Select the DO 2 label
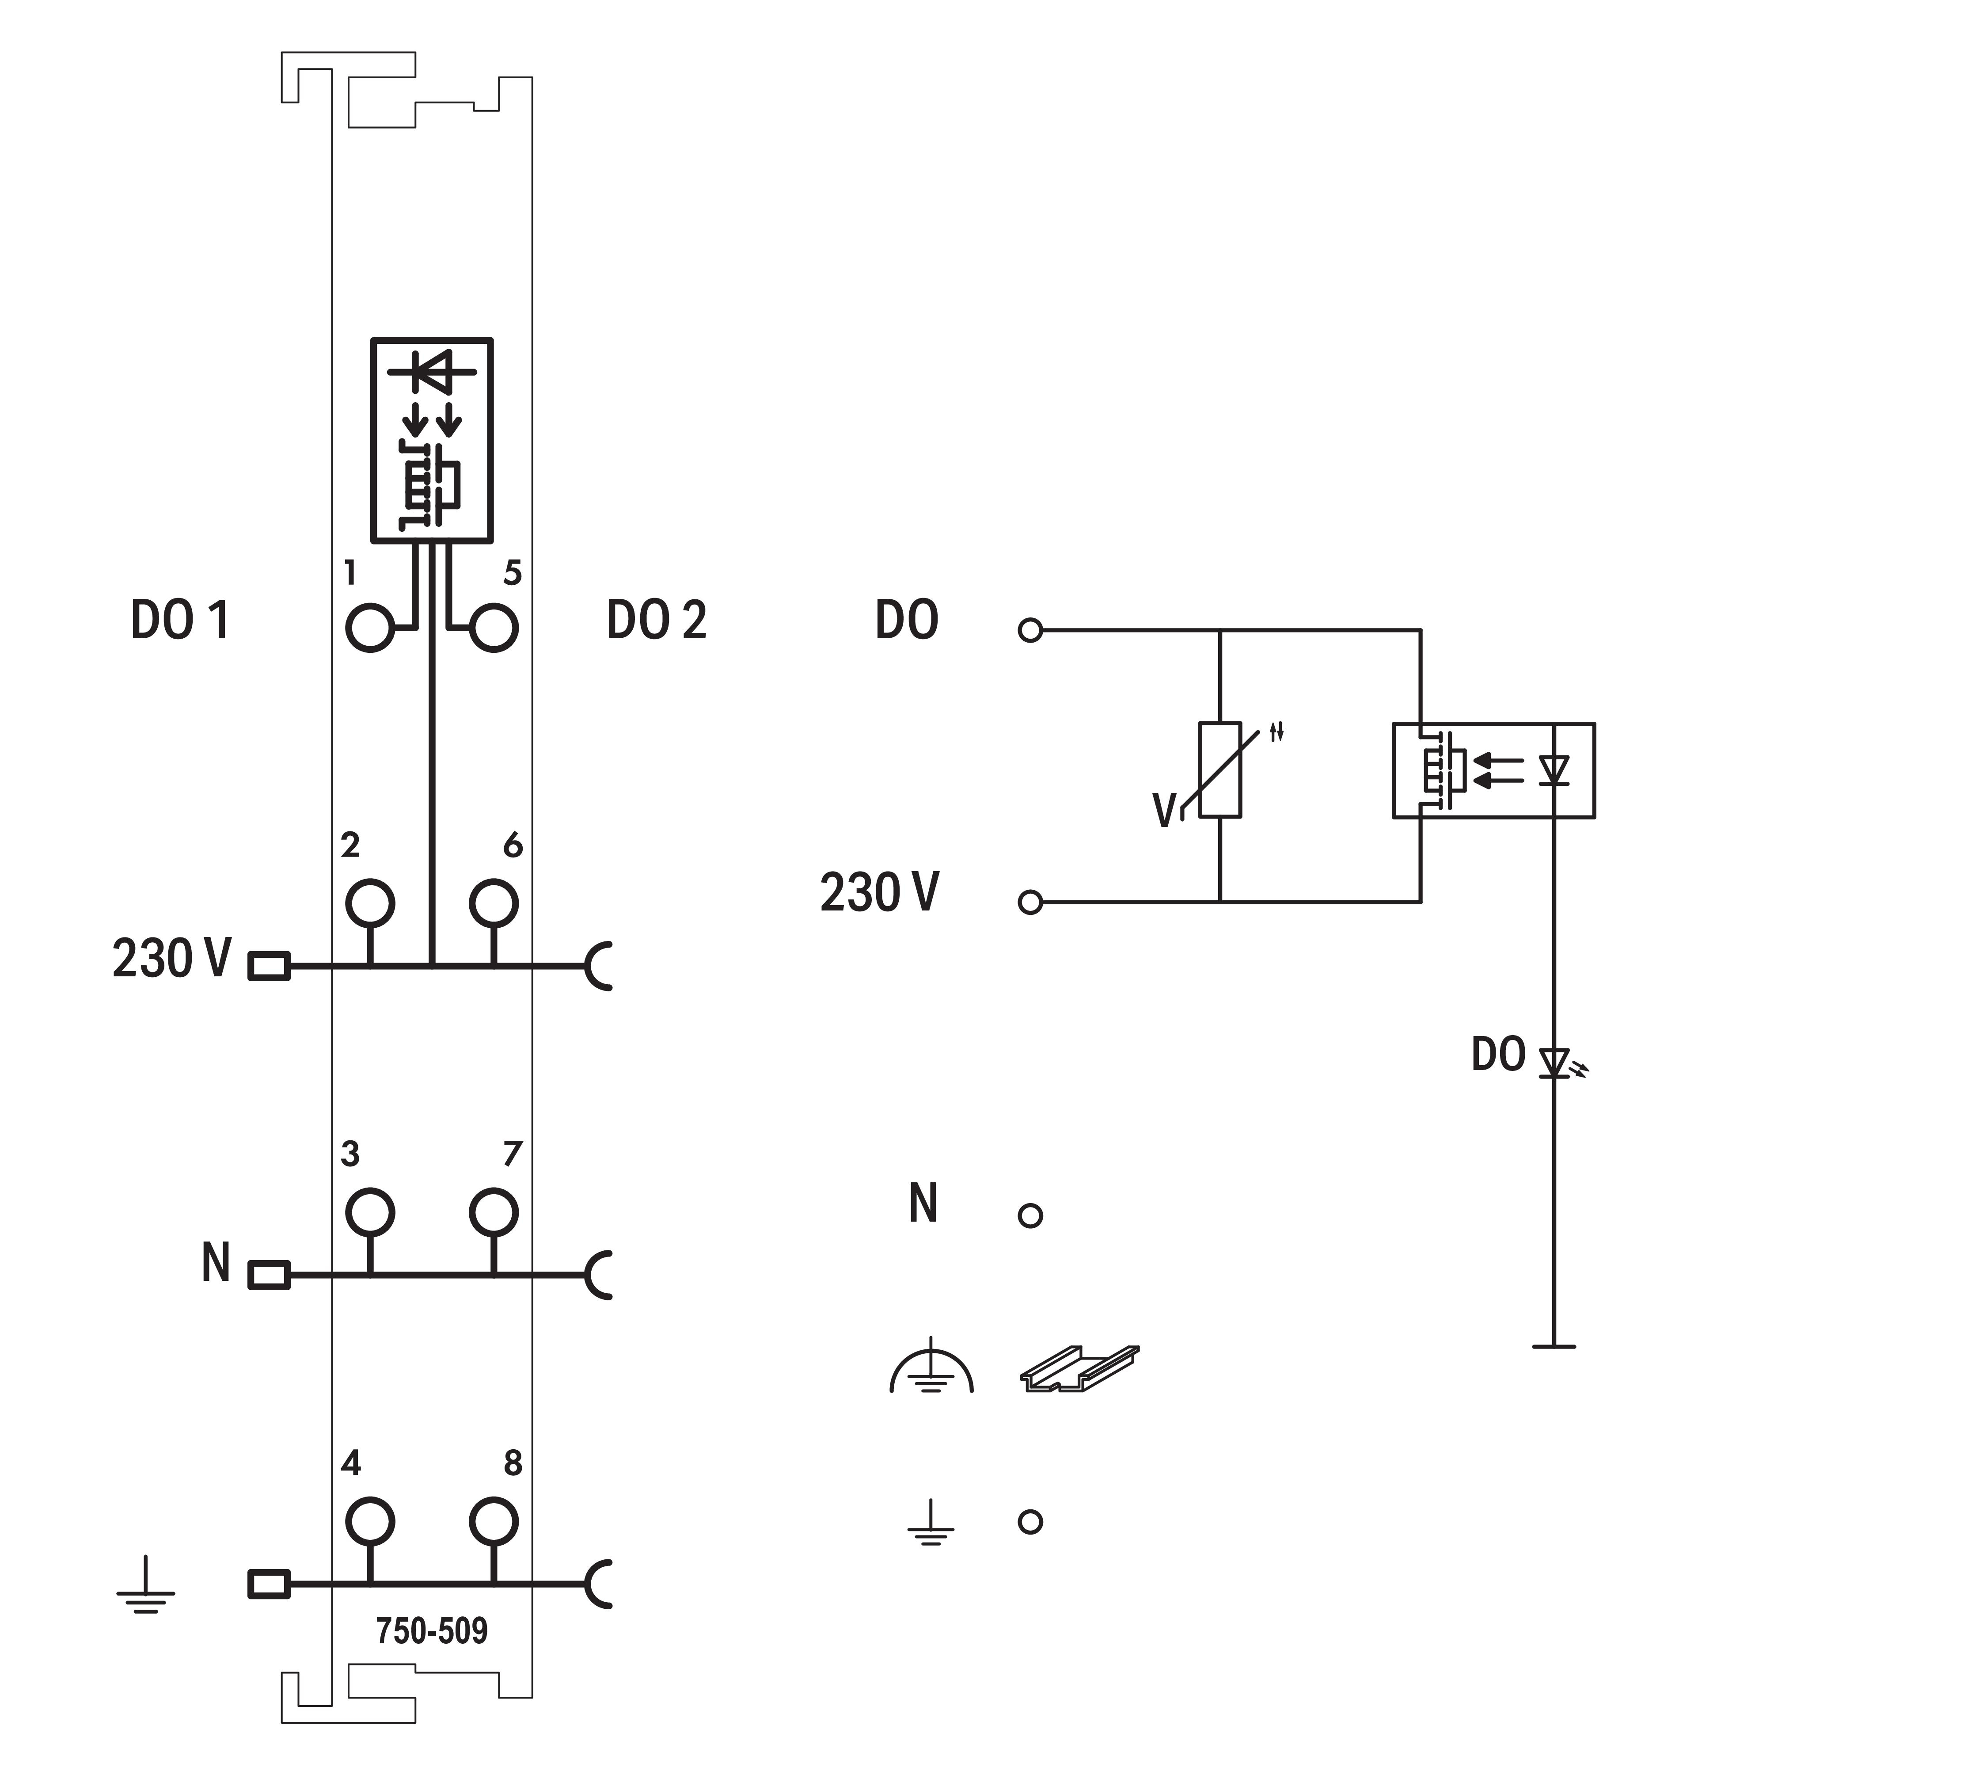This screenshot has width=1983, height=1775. coord(656,620)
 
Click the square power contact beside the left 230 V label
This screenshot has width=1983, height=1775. coord(269,966)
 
